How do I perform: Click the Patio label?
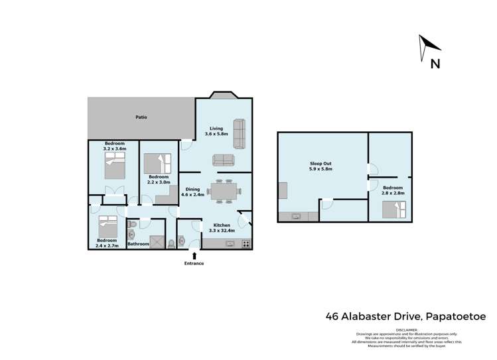tap(141, 117)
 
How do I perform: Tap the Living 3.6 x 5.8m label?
tap(216, 131)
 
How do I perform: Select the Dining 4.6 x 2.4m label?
tap(194, 192)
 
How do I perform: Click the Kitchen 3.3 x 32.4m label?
tap(222, 227)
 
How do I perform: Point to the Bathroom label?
tap(138, 244)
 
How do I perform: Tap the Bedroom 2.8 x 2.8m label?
tap(391, 190)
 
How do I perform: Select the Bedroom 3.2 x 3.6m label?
tap(115, 147)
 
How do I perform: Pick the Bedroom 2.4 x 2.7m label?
tap(107, 243)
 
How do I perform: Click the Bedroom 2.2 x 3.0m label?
tap(159, 179)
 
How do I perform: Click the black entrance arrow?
tap(194, 255)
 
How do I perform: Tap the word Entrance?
tap(194, 263)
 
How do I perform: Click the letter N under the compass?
tap(435, 64)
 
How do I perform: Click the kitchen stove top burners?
tap(246, 243)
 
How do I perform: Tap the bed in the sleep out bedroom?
tap(392, 210)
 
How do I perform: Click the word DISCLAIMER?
tap(407, 329)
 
